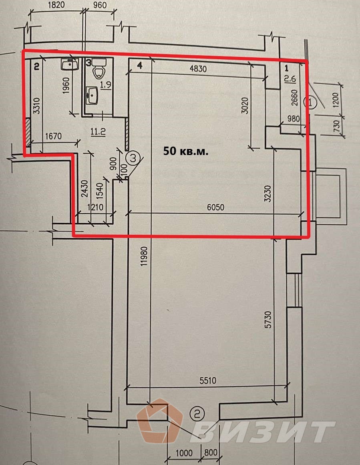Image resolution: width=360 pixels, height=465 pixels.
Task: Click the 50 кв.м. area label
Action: [x=186, y=151]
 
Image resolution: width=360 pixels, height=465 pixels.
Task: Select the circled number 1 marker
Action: [x=313, y=103]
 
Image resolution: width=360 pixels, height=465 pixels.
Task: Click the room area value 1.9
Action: [x=105, y=85]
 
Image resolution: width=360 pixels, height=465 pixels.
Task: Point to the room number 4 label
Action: [x=139, y=65]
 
